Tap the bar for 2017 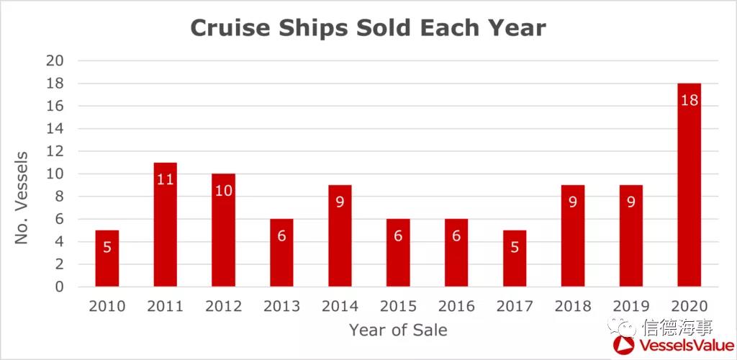coord(515,258)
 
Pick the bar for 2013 coord(281,253)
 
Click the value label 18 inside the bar coord(689,100)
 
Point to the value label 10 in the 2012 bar coord(223,191)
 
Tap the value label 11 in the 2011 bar coord(165,179)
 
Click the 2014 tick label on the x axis coord(340,307)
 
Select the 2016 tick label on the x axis coord(456,307)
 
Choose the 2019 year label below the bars coord(631,307)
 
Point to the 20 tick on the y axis coord(55,60)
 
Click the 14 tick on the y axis coord(55,129)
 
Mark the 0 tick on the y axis coord(59,287)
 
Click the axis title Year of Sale coord(398,330)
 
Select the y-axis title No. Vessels coord(22,197)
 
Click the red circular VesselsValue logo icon coord(624,346)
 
